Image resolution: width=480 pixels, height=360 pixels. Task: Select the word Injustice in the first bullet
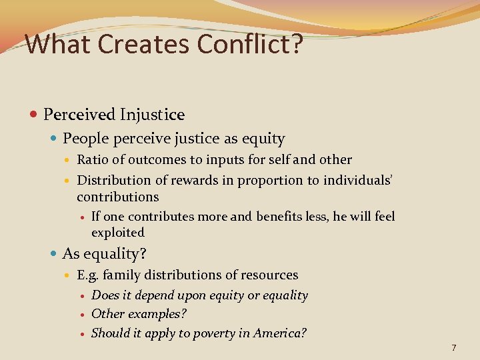point(152,115)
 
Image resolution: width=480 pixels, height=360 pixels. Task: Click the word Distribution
point(114,180)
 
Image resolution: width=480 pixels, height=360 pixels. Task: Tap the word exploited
point(118,233)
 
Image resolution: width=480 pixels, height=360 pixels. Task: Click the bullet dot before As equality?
point(55,254)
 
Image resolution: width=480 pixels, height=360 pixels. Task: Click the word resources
point(270,275)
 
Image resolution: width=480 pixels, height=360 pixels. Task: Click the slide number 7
point(453,347)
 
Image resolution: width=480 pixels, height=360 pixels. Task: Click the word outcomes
point(157,160)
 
